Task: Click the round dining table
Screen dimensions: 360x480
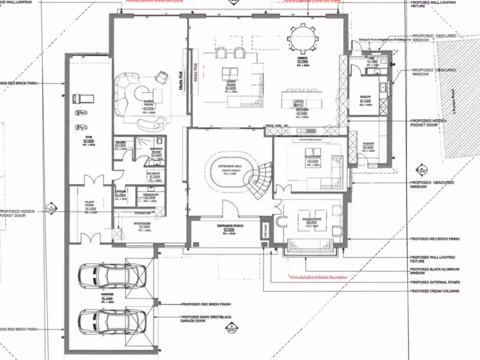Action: pos(303,38)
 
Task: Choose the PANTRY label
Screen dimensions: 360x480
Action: pos(367,144)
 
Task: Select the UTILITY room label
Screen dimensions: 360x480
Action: pos(366,97)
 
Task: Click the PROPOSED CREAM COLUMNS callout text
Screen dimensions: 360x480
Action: pos(435,291)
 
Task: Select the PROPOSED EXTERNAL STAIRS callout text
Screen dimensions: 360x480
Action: pos(435,282)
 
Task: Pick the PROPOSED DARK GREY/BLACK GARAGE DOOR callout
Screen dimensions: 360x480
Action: pos(206,319)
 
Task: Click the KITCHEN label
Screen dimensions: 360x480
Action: pos(301,109)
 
